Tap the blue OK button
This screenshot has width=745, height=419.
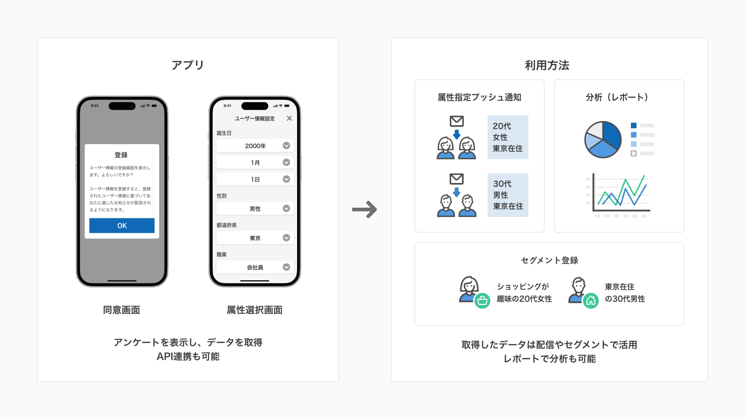tap(122, 225)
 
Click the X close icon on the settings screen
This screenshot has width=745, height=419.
tap(289, 118)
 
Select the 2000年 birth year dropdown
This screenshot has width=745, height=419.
tap(255, 146)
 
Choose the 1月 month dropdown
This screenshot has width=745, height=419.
tap(255, 162)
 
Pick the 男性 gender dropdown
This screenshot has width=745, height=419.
tap(255, 209)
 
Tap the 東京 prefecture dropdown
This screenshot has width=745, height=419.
tap(255, 238)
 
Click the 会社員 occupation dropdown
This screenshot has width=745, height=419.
tap(255, 267)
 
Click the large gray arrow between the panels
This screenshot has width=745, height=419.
tap(365, 209)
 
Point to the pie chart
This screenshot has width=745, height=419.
tap(603, 139)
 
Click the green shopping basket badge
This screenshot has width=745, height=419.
tap(482, 301)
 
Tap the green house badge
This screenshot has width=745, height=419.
tap(591, 301)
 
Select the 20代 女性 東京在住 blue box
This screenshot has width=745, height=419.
tap(508, 137)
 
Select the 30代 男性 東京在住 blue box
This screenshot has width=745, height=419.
tap(508, 195)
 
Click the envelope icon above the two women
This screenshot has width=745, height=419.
tap(457, 121)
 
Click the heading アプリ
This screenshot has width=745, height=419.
tap(188, 65)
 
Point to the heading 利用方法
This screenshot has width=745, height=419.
tap(547, 65)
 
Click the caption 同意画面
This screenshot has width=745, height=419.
tap(122, 310)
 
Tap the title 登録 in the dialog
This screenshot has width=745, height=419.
tap(121, 155)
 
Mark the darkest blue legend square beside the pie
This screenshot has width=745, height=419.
tap(634, 125)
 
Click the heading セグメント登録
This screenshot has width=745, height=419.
tap(549, 260)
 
